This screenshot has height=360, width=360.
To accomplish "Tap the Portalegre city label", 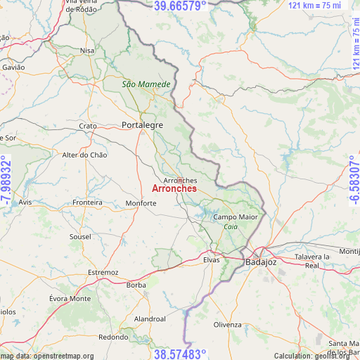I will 142,124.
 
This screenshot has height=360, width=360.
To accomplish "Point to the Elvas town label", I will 212,259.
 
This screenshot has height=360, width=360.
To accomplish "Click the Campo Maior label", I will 236,217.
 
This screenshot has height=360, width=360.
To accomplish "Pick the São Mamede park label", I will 146,84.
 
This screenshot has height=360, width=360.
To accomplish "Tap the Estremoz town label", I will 103,272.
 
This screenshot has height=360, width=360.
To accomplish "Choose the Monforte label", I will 141,203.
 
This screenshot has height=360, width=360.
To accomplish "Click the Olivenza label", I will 228,324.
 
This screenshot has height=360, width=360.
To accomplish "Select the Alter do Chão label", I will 85,155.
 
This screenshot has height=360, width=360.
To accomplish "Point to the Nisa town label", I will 87,51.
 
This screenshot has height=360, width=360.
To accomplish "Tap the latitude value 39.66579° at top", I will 180,6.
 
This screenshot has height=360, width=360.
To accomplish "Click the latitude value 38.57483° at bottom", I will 180,354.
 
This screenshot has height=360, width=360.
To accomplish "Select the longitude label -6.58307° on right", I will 353,180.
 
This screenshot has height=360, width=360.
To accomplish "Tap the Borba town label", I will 136,285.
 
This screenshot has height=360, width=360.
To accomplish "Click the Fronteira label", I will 88,202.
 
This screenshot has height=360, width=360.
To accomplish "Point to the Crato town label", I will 88,126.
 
